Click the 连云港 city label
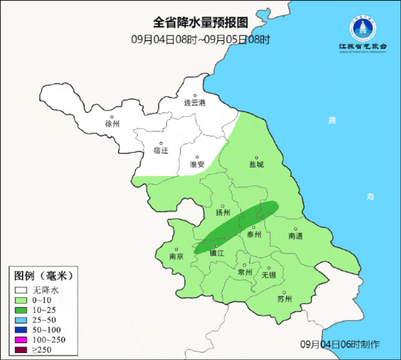194,102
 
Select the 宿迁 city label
161,151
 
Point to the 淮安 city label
197,164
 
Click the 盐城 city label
256,164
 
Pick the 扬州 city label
223,212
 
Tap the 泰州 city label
253,235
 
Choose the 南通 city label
295,236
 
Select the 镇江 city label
217,253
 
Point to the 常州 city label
245,272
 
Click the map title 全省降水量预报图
200,22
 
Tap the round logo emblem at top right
363,28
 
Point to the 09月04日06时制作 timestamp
340,344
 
